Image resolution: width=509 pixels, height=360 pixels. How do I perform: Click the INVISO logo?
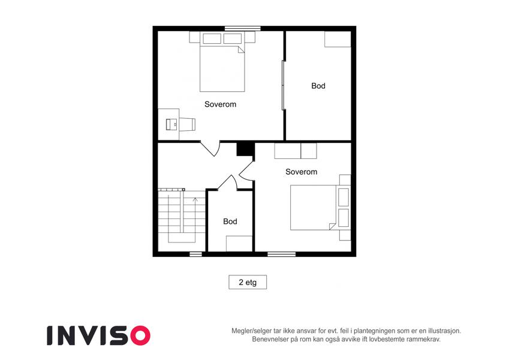click(x=98, y=335)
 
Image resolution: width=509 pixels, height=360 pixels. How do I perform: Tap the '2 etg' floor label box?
click(x=248, y=282)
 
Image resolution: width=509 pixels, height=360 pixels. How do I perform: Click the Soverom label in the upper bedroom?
click(x=220, y=104)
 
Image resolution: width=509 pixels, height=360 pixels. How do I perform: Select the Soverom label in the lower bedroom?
click(x=301, y=172)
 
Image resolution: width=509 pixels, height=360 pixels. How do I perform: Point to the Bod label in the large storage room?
click(x=318, y=86)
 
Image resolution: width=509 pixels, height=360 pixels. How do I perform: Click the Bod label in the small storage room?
click(x=230, y=221)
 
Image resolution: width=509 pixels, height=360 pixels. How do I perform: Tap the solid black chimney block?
click(x=245, y=149)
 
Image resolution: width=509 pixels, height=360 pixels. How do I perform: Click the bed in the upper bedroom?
click(x=222, y=62)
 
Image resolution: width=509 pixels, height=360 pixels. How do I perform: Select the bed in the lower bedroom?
click(x=320, y=208)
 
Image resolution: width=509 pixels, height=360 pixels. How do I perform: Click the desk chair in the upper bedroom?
click(x=187, y=124)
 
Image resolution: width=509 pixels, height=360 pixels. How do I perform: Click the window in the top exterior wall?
click(x=243, y=28)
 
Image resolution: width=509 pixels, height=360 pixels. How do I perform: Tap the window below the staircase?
click(x=195, y=254)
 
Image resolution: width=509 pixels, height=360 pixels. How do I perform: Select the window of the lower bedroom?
click(x=281, y=254)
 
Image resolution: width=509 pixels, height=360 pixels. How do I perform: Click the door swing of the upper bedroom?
click(x=210, y=148)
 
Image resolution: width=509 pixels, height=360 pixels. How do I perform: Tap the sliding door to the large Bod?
click(x=283, y=85)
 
